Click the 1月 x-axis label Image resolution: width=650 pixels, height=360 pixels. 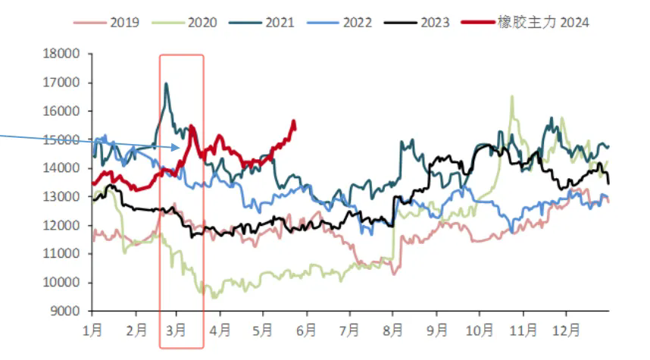click(x=93, y=330)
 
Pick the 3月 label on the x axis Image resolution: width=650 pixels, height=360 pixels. click(x=177, y=330)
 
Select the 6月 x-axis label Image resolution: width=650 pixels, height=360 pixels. click(x=307, y=330)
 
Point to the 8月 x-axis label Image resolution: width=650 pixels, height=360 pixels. click(x=393, y=330)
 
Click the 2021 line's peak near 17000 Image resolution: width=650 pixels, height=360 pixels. click(x=166, y=84)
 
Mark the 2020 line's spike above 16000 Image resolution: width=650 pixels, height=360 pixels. click(x=512, y=97)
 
